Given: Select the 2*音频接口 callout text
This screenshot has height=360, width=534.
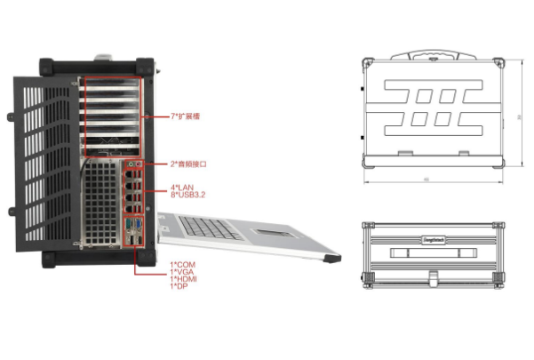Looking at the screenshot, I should tap(189, 164).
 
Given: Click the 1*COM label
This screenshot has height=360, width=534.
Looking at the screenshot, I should tap(182, 264).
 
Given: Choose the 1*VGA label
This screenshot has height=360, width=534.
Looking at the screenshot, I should tap(181, 271).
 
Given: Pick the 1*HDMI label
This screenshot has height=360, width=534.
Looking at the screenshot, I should tap(183, 278).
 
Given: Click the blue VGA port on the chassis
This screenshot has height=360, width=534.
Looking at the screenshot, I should tap(132, 222).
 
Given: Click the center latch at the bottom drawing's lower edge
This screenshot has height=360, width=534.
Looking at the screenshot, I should tap(433, 284).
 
